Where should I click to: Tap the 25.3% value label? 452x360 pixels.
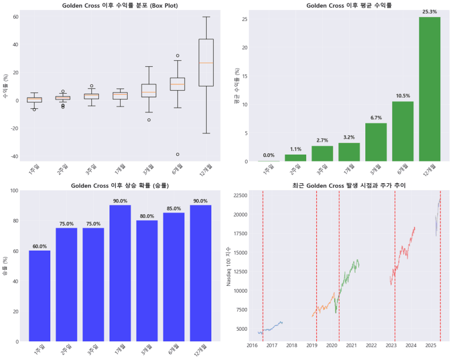coord(430,11)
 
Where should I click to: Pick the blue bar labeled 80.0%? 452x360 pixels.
coord(147,280)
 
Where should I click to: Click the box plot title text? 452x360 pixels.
coord(119,5)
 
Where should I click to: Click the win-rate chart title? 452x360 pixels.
coord(119,186)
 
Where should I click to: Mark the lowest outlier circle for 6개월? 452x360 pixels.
coord(178,155)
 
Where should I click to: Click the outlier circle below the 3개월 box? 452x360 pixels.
coord(149,120)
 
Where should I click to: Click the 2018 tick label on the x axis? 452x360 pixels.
coord(292,346)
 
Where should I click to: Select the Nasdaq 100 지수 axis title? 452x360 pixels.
coord(229,266)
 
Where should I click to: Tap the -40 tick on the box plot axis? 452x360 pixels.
coord(13,156)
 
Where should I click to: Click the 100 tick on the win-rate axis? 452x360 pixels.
coord(13,191)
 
